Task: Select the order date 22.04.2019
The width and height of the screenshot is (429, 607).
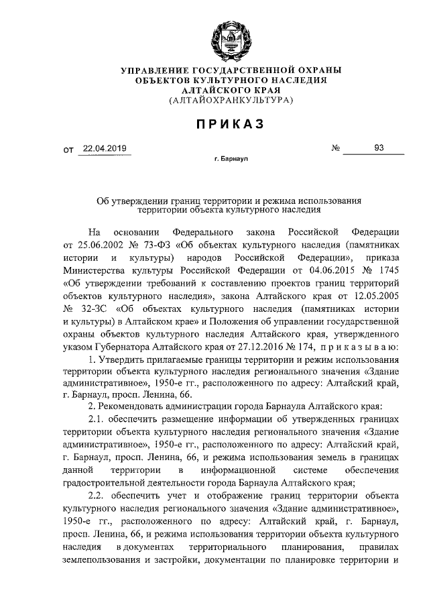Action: (104, 149)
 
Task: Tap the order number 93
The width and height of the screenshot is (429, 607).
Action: (379, 149)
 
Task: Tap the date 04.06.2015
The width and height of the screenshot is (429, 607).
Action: (312, 270)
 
